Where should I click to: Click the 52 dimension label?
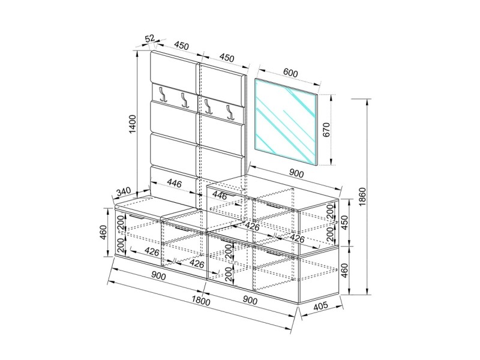tap(149, 38)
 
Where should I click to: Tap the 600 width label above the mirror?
tap(290, 73)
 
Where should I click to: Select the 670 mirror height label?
tap(326, 130)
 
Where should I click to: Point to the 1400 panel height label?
tap(132, 124)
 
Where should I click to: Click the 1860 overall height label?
tap(362, 197)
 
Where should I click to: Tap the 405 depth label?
tap(320, 306)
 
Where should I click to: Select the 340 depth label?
tap(124, 191)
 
